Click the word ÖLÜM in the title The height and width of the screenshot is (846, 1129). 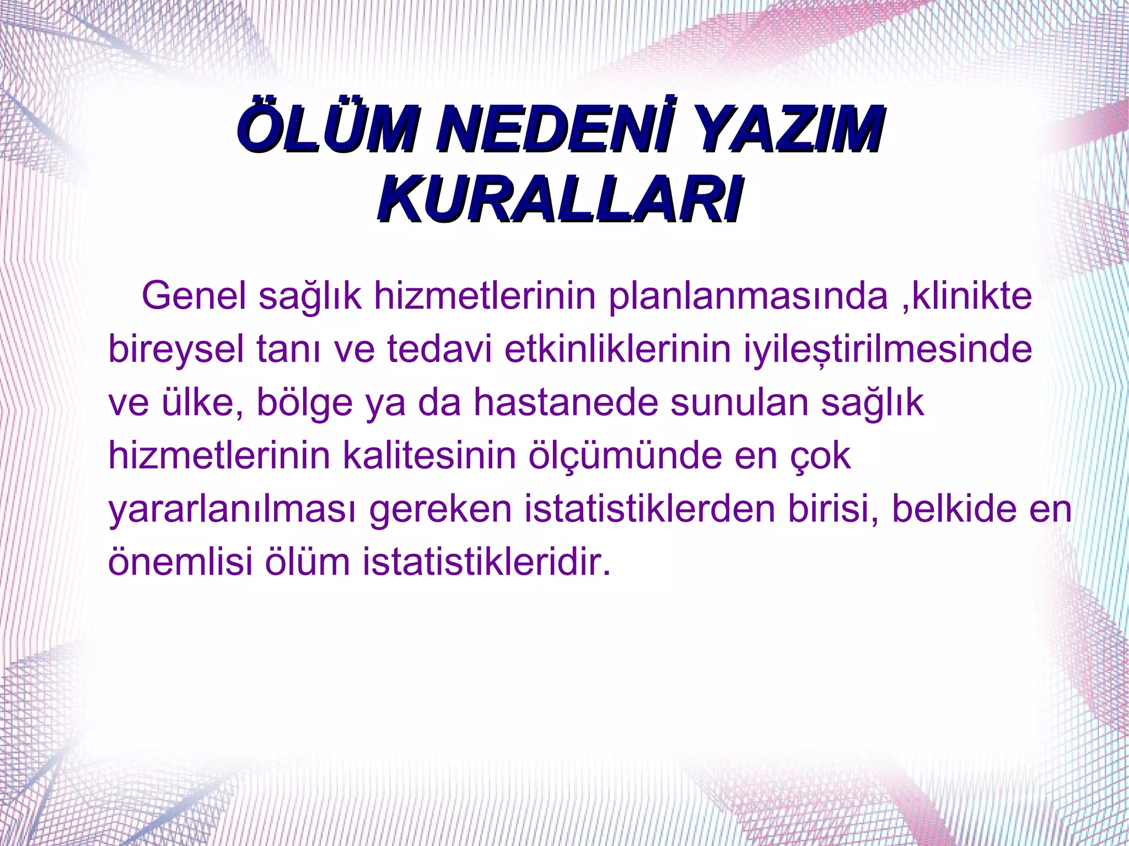coord(326,131)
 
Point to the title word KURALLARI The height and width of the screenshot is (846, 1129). coord(560,199)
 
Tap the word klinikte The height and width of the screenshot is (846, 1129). coord(971,296)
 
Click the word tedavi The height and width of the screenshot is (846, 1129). coord(439,349)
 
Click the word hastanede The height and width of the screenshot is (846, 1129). coord(566,402)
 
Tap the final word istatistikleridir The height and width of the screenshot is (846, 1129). coord(487,562)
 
